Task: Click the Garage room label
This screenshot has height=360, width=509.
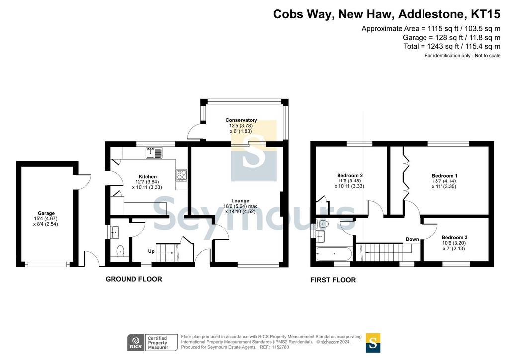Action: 46,213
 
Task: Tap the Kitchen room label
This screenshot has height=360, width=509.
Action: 147,177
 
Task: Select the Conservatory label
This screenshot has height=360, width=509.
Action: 241,120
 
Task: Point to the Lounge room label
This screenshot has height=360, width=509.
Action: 240,201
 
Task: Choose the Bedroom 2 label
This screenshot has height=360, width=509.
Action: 349,176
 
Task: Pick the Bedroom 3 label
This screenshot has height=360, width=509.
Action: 454,237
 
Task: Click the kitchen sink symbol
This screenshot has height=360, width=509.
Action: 154,153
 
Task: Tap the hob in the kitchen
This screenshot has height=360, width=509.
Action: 182,175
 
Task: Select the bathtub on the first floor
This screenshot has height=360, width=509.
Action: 334,254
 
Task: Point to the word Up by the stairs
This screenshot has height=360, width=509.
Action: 151,251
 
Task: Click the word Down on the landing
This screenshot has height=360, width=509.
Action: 412,239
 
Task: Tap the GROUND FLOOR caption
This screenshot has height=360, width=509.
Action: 134,279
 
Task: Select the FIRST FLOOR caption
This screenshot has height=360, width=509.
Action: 333,280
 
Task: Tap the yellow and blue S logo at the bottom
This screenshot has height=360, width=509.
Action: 373,343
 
